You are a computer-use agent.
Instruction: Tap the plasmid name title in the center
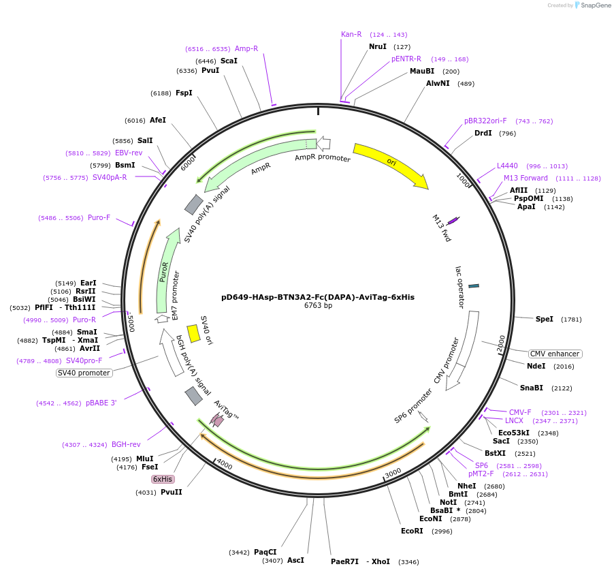tap(318, 297)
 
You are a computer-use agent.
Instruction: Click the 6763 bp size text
tap(318, 306)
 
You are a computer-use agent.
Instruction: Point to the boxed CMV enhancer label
tap(555, 354)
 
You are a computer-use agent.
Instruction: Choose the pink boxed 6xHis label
tap(162, 479)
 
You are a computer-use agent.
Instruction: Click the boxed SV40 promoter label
tap(84, 373)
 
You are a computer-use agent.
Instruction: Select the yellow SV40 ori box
tap(193, 333)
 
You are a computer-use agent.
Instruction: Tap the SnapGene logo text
tap(595, 5)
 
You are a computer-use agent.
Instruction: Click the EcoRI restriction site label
tap(412, 531)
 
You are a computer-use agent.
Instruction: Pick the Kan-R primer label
tap(351, 34)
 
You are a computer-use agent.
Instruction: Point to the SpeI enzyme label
tap(545, 319)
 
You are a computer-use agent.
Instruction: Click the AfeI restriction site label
tap(157, 120)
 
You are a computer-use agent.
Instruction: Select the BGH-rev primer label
tap(126, 444)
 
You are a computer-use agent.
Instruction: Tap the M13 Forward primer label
tap(526, 178)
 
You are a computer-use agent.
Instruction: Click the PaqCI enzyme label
tap(265, 552)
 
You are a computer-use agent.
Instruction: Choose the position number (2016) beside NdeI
tap(564, 366)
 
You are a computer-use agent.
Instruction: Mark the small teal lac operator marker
tap(474, 285)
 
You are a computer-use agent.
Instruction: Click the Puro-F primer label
tap(99, 217)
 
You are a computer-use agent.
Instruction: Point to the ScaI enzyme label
tap(229, 61)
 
